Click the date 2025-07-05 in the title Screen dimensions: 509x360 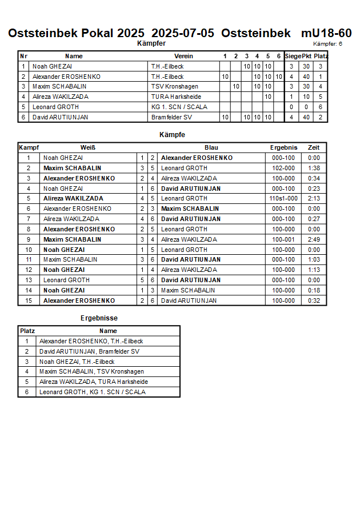pyautogui.click(x=183, y=33)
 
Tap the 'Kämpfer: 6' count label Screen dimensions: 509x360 pyautogui.click(x=327, y=44)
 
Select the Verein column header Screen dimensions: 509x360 pyautogui.click(x=183, y=56)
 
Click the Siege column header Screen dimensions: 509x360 pyautogui.click(x=293, y=56)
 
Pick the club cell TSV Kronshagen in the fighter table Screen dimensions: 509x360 pyautogui.click(x=175, y=87)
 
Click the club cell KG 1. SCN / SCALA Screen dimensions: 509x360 pyautogui.click(x=179, y=107)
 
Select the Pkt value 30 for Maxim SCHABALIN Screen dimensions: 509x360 pyautogui.click(x=306, y=87)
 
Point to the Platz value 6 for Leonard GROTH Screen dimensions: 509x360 pyautogui.click(x=321, y=107)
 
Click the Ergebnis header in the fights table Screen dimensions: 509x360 pyautogui.click(x=283, y=147)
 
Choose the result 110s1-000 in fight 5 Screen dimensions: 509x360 pyautogui.click(x=283, y=198)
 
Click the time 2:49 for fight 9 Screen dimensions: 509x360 pyautogui.click(x=314, y=239)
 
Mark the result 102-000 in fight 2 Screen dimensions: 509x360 pyautogui.click(x=283, y=168)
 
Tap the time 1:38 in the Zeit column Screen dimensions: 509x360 pyautogui.click(x=314, y=168)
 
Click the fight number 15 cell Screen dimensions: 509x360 pyautogui.click(x=28, y=300)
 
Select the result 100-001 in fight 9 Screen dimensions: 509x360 pyautogui.click(x=283, y=239)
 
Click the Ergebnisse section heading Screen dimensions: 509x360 pyautogui.click(x=99, y=318)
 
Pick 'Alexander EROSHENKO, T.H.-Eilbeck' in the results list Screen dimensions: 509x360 pyautogui.click(x=91, y=341)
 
